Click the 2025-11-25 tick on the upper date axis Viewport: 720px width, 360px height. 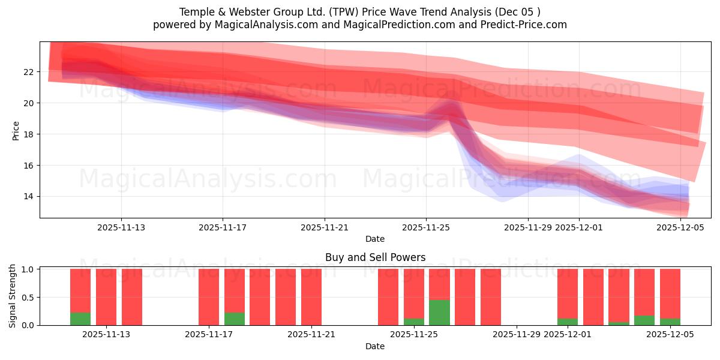coord(426,227)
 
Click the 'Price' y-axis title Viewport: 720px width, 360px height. coord(16,130)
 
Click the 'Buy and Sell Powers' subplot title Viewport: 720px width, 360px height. coord(375,257)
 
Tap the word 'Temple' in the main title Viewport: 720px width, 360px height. coord(194,12)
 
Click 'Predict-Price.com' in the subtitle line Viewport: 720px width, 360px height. coord(526,25)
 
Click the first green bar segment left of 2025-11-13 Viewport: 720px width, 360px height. coord(80,319)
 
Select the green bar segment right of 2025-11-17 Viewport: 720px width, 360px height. coord(235,319)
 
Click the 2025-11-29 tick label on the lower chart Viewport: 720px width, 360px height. coord(517,335)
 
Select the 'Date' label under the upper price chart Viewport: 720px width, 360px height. coord(375,239)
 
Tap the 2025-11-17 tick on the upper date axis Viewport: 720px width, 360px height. coord(223,227)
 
